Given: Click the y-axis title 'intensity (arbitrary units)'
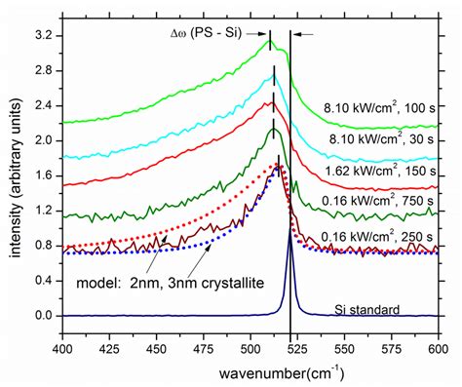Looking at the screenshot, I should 12,175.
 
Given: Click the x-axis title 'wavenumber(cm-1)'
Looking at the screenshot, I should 247,373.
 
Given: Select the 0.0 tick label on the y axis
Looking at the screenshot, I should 44,316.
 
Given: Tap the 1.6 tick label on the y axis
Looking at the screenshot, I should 44,175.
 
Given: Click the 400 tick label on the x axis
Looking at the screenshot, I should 62,348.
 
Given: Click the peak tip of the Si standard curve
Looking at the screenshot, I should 290,231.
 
